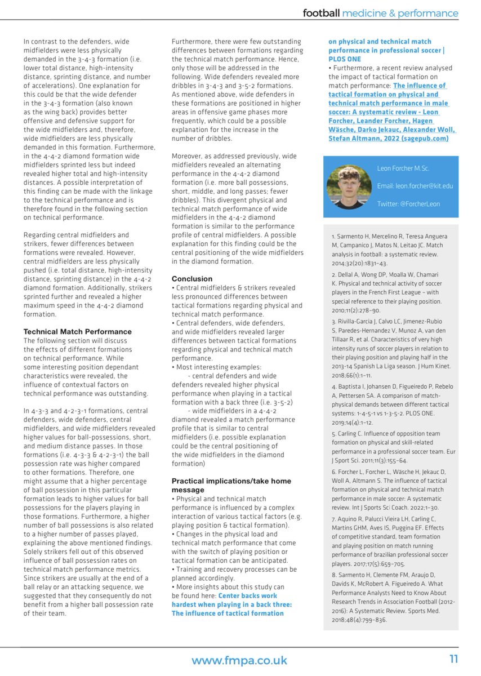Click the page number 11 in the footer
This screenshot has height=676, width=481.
tap(453, 660)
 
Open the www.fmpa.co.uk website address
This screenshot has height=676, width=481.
tap(239, 660)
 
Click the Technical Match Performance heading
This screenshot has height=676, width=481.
tap(77, 331)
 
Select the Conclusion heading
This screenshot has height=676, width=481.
tap(192, 279)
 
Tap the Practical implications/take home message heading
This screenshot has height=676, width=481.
tap(231, 485)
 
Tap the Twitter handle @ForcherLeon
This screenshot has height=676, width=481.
tap(409, 204)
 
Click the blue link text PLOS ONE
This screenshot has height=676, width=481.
tap(347, 59)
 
